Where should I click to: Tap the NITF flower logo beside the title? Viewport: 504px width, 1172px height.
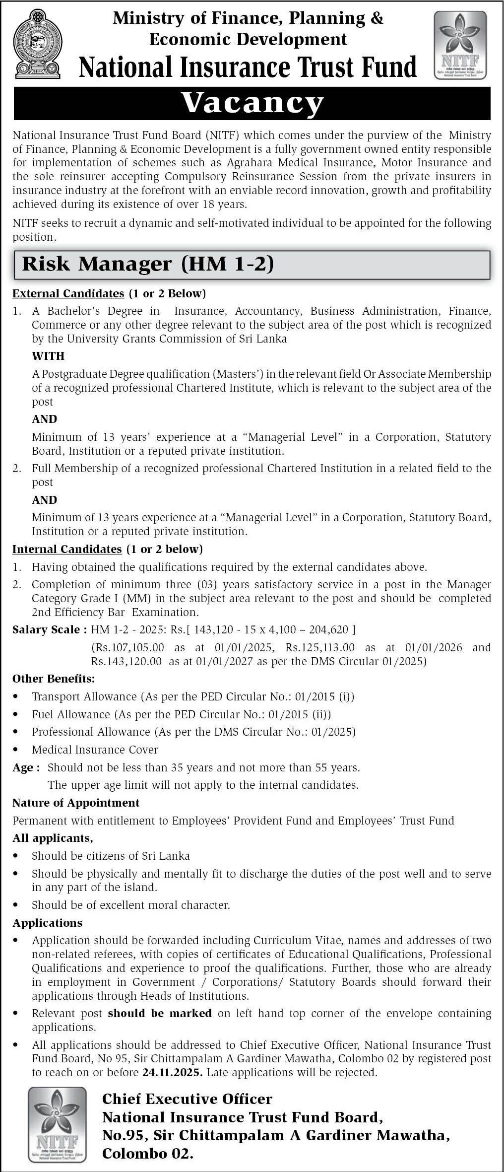tap(460, 45)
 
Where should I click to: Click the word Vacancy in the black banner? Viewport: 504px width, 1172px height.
tap(252, 103)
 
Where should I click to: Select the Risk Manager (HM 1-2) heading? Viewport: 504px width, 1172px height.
tap(148, 264)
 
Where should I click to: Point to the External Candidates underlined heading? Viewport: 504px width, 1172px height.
tap(68, 293)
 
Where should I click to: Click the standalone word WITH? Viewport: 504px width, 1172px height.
tap(48, 356)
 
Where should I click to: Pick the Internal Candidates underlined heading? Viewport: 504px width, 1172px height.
tap(67, 549)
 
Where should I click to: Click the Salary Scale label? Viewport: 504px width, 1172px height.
tap(46, 629)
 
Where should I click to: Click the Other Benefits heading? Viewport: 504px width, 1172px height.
tap(54, 679)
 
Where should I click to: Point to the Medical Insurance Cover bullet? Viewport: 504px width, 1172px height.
tap(95, 750)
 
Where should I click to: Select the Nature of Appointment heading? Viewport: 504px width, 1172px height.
tap(76, 803)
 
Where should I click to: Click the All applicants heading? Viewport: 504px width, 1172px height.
tap(53, 838)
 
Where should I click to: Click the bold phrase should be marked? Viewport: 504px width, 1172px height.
tap(160, 1013)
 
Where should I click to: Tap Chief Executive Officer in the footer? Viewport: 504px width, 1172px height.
tap(187, 1099)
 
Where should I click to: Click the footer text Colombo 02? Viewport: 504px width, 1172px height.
tap(147, 1154)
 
